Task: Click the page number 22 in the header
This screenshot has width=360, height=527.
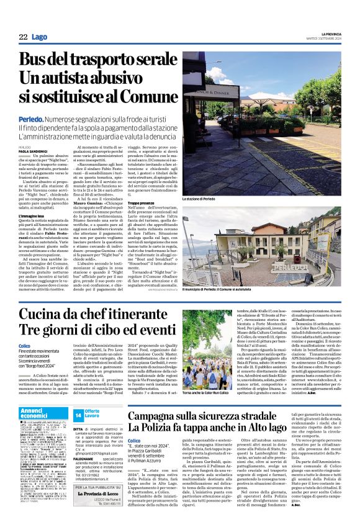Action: (x=23, y=37)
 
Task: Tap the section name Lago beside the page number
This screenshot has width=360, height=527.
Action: (x=40, y=37)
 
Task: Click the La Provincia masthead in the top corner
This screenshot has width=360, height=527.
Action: (x=326, y=34)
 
